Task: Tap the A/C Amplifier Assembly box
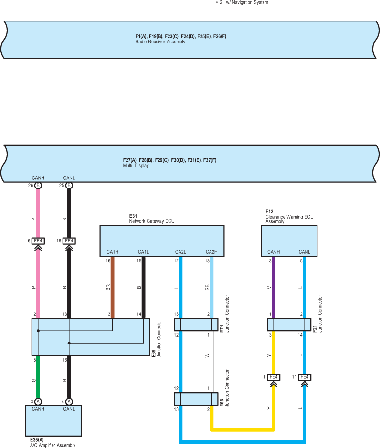click(53, 419)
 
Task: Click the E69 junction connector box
click(91, 337)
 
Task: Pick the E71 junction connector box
click(196, 324)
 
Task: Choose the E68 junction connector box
click(196, 398)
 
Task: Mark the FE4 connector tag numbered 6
click(39, 241)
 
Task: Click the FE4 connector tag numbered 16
click(69, 241)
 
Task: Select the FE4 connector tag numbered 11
click(304, 377)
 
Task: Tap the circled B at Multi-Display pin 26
click(38, 185)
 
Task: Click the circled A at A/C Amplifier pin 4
click(69, 401)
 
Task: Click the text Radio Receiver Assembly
click(160, 42)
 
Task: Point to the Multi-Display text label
click(136, 166)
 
